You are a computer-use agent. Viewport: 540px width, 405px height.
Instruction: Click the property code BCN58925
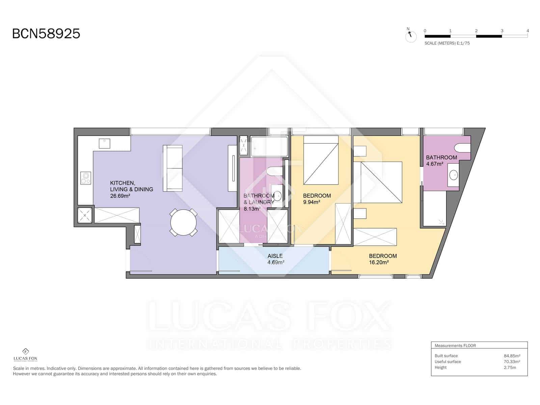(46, 34)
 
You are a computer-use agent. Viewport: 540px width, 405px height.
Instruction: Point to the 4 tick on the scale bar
(528, 31)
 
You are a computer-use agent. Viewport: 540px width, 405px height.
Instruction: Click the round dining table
(183, 222)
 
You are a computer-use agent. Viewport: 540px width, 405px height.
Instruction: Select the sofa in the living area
(172, 168)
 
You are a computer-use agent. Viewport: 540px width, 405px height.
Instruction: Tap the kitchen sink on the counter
(104, 143)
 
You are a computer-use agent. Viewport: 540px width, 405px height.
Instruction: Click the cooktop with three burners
(86, 178)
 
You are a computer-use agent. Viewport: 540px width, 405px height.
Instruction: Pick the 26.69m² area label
(120, 196)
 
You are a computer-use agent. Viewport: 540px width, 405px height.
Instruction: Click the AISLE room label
(275, 256)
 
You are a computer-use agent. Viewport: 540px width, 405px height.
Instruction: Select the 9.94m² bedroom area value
(312, 202)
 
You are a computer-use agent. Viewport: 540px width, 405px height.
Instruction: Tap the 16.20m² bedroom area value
(379, 262)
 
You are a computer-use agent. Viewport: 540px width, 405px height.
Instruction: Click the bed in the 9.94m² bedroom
(321, 160)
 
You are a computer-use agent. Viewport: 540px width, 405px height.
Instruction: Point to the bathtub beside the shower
(269, 146)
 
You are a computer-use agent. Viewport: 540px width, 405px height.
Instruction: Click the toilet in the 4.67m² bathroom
(462, 147)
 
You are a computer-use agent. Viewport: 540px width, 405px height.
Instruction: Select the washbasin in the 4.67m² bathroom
(454, 175)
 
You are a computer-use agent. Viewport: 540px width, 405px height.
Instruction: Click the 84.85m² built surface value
(512, 356)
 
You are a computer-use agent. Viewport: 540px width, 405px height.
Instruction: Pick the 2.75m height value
(510, 368)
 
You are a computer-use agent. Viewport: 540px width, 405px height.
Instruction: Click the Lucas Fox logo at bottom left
(25, 355)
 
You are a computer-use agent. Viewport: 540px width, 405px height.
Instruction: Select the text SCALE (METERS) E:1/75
(447, 43)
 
